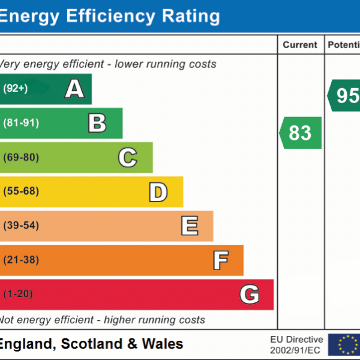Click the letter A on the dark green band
click(x=74, y=89)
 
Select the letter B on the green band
click(x=97, y=123)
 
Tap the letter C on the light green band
click(x=127, y=158)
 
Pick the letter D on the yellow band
click(x=158, y=192)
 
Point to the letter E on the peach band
click(x=189, y=226)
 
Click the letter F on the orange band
click(x=220, y=260)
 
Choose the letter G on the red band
click(x=250, y=295)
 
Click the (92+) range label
click(x=16, y=89)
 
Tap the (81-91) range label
click(x=21, y=123)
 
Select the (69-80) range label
click(x=21, y=158)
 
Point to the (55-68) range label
click(x=21, y=192)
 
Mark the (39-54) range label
click(x=21, y=226)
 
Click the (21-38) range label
click(x=21, y=260)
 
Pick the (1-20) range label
click(x=18, y=295)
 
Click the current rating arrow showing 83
click(x=301, y=133)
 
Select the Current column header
click(x=300, y=45)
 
